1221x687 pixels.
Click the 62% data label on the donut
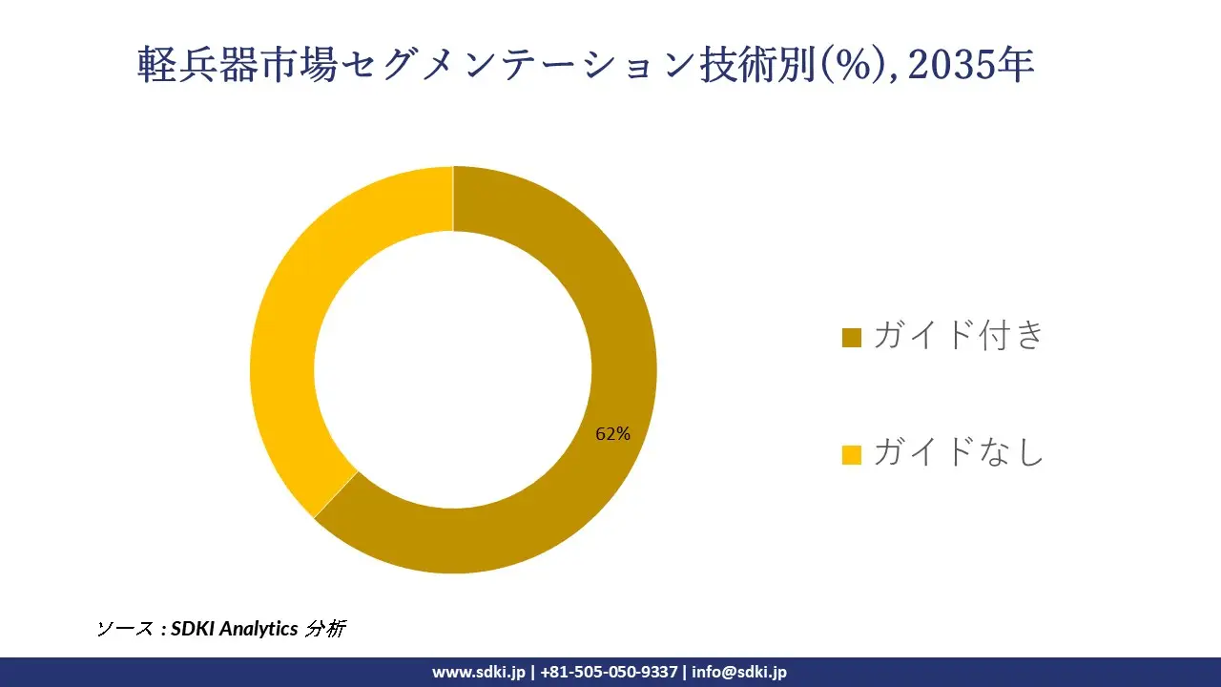click(612, 434)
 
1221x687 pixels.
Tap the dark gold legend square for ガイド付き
click(852, 338)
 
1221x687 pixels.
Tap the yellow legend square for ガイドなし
click(852, 455)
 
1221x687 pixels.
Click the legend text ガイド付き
click(959, 336)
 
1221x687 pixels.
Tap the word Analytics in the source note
click(259, 629)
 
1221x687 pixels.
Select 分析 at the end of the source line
click(325, 629)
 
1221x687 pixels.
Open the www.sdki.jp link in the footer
click(479, 672)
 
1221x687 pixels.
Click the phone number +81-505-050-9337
click(609, 672)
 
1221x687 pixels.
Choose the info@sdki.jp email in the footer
click(739, 672)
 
